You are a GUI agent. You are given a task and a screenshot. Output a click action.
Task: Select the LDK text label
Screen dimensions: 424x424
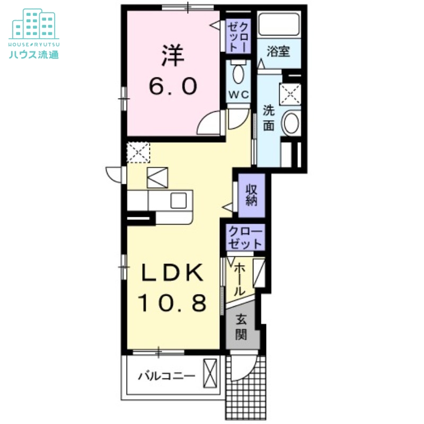pos(172,274)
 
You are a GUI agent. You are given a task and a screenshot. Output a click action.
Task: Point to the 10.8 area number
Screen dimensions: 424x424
pos(172,304)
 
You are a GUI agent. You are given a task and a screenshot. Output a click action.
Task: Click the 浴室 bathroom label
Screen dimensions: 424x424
pos(278,52)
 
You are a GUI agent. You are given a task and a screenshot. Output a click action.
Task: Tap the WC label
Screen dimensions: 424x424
pos(238,95)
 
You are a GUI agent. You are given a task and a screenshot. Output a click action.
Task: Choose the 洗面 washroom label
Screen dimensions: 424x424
pos(269,119)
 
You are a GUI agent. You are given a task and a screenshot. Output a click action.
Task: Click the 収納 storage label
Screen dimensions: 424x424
pos(251,196)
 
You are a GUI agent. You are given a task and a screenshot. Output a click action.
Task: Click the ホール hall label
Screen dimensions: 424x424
pos(239,279)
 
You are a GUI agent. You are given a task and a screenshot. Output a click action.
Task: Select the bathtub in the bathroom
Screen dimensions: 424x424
pos(279,23)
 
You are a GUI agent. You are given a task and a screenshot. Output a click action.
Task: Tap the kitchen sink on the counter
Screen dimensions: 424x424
pos(179,201)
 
